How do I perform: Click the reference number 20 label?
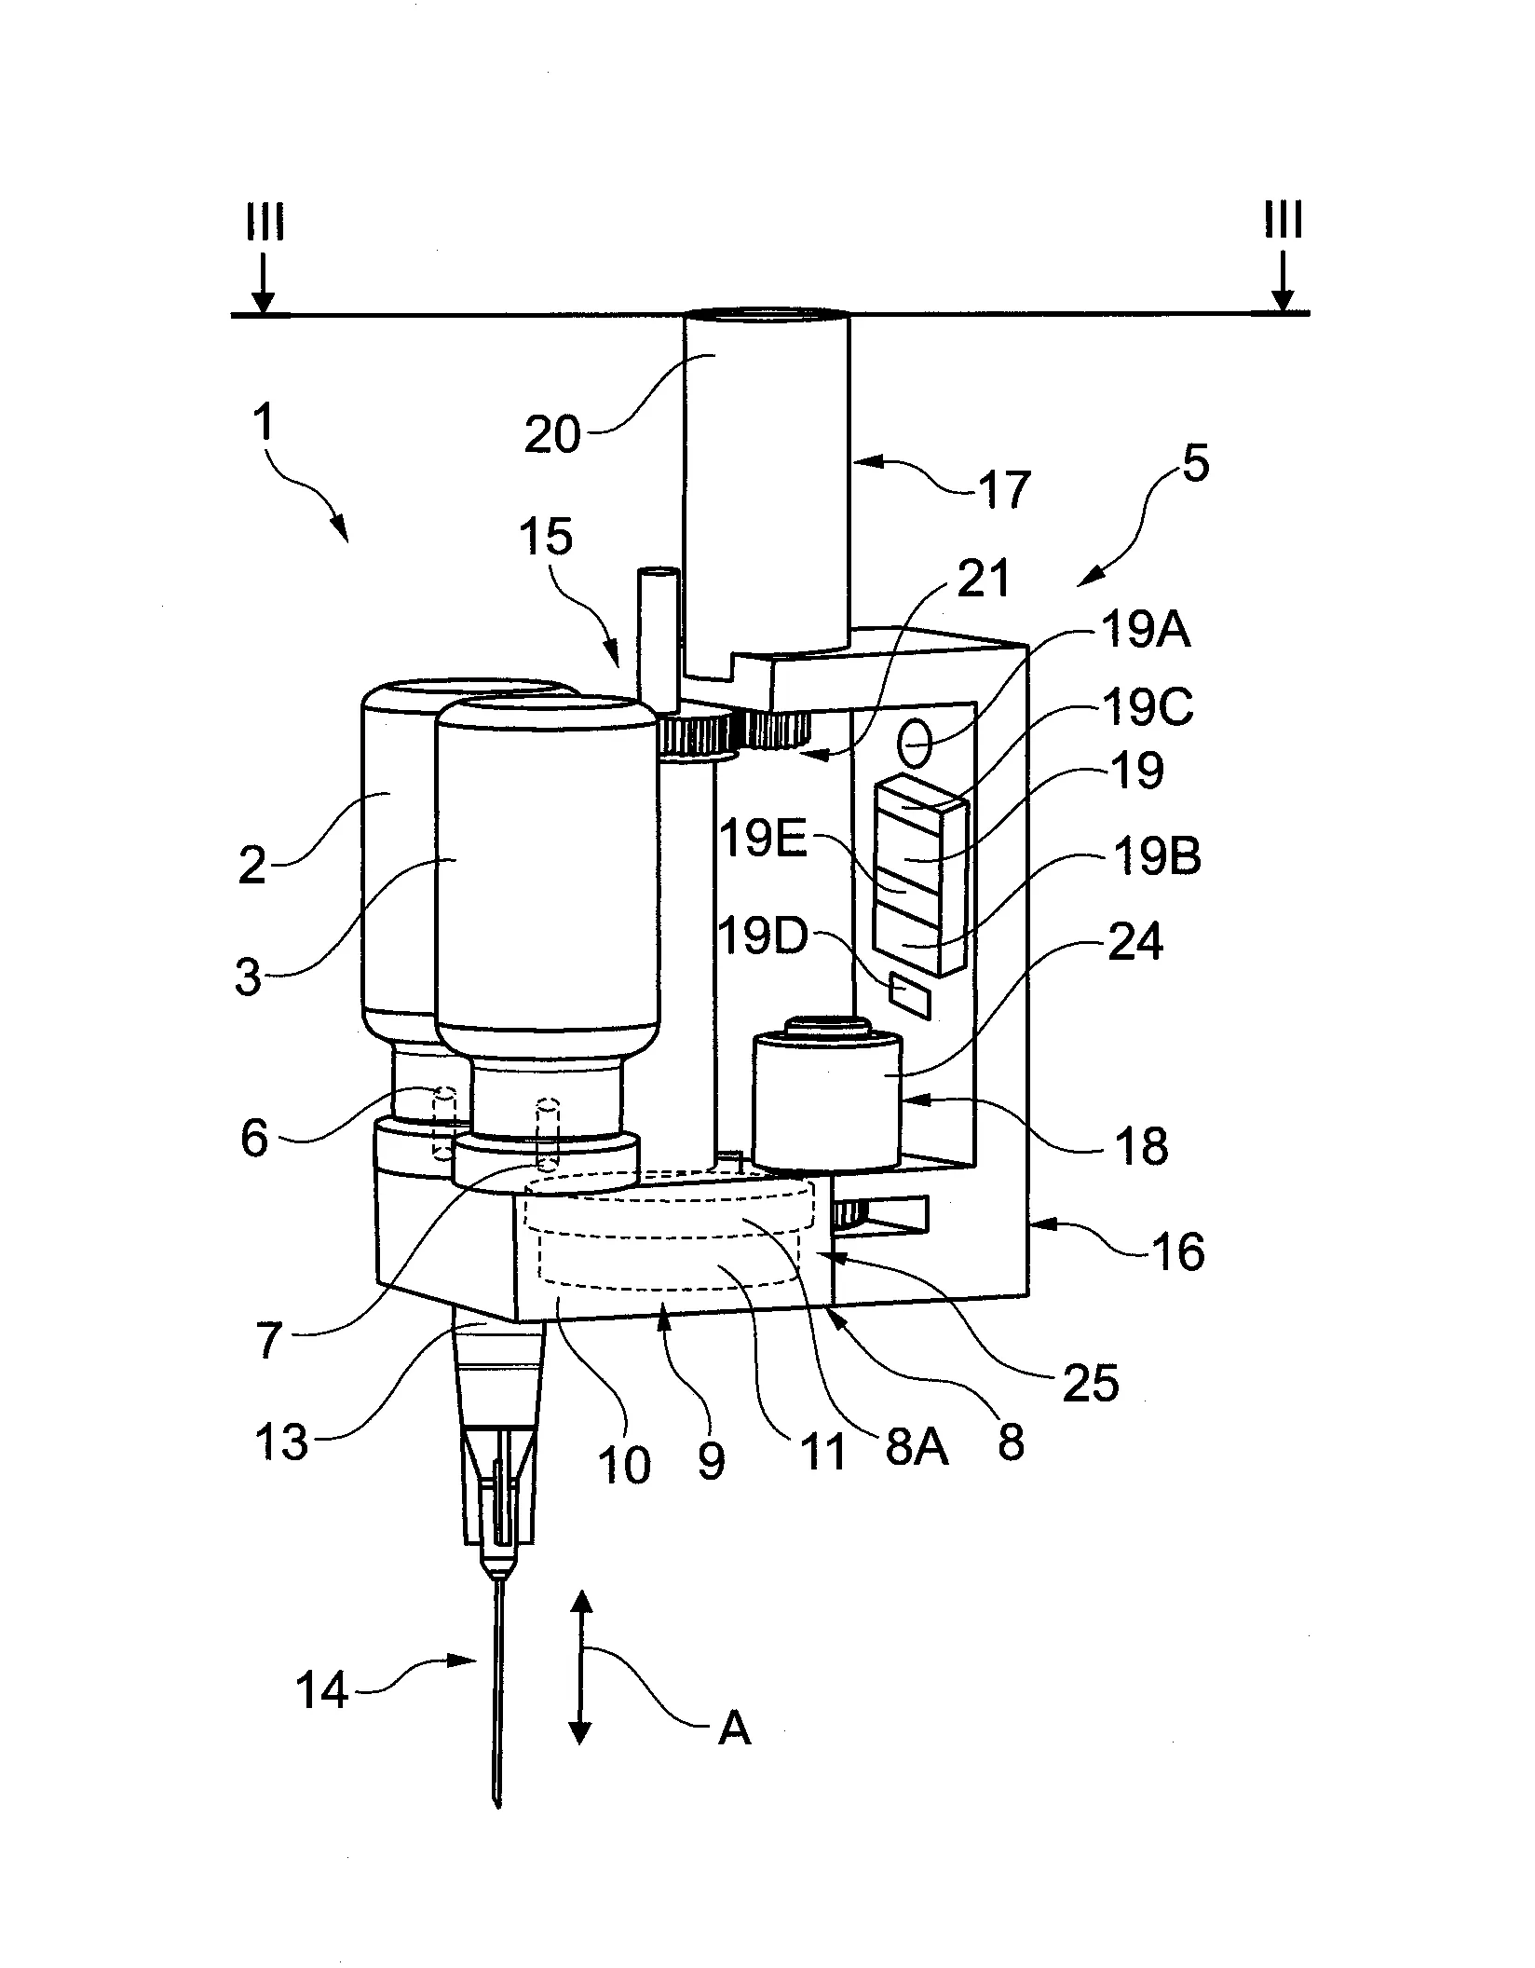552,433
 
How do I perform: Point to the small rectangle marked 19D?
911,990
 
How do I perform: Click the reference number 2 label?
251,866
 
